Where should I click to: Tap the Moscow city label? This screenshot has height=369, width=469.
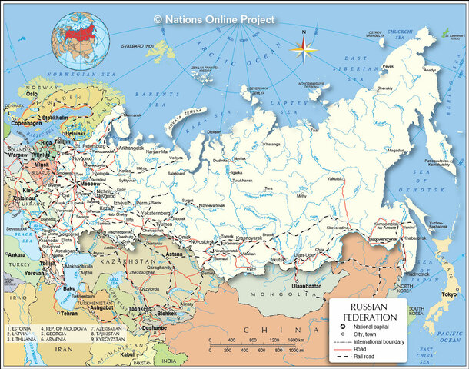pyautogui.click(x=90, y=185)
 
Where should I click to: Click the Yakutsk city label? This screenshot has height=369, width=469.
pyautogui.click(x=334, y=178)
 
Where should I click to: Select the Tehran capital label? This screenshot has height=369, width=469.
pyautogui.click(x=69, y=314)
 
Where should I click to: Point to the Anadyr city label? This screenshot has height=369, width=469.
pyautogui.click(x=429, y=70)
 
